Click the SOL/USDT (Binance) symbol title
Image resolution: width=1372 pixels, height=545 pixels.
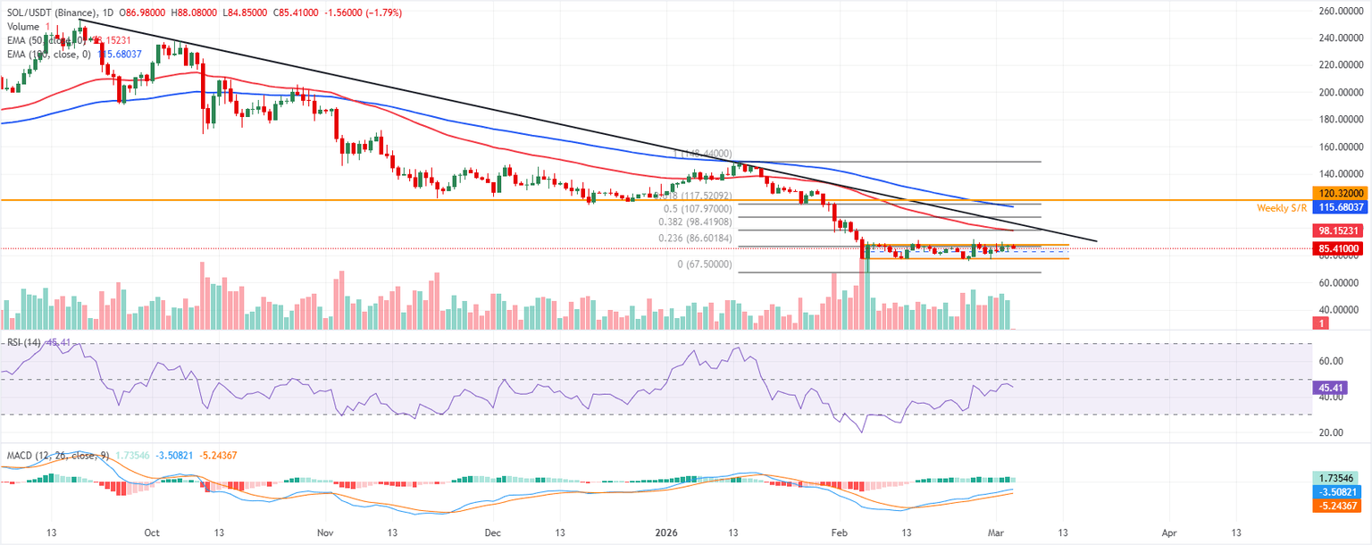(x=50, y=13)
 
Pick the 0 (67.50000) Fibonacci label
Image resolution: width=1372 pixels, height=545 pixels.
(x=706, y=264)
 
